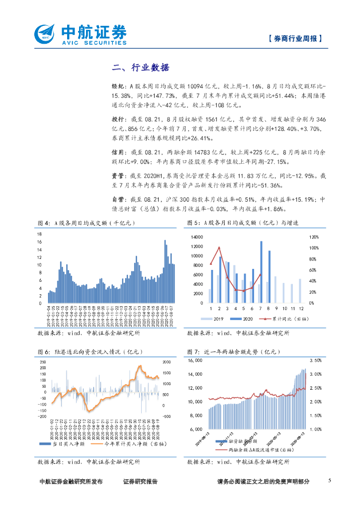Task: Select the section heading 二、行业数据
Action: [141, 68]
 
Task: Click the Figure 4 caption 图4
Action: [44, 222]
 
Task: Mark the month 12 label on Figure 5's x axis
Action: [300, 308]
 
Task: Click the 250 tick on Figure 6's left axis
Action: [42, 361]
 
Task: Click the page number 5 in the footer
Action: [330, 481]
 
